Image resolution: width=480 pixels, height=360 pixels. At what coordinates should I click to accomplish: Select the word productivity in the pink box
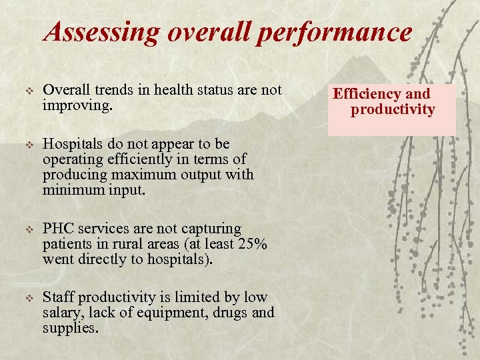pos(393,109)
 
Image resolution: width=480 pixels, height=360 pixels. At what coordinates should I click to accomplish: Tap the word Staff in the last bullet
pos(57,297)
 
